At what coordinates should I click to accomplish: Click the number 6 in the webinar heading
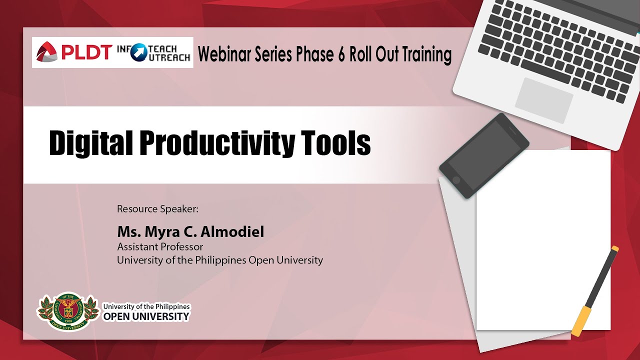tap(341, 54)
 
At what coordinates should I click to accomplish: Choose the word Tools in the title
tap(335, 142)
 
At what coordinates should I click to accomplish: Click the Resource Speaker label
tap(157, 209)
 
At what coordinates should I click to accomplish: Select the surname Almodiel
tap(232, 231)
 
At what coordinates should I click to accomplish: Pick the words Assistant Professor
tap(160, 246)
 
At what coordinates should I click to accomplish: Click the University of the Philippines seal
tap(67, 311)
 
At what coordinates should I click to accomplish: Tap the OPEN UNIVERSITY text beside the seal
tap(146, 316)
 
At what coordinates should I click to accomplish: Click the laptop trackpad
tap(543, 100)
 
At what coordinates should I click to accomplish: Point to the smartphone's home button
tap(456, 180)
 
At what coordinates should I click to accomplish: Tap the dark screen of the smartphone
tap(484, 155)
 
